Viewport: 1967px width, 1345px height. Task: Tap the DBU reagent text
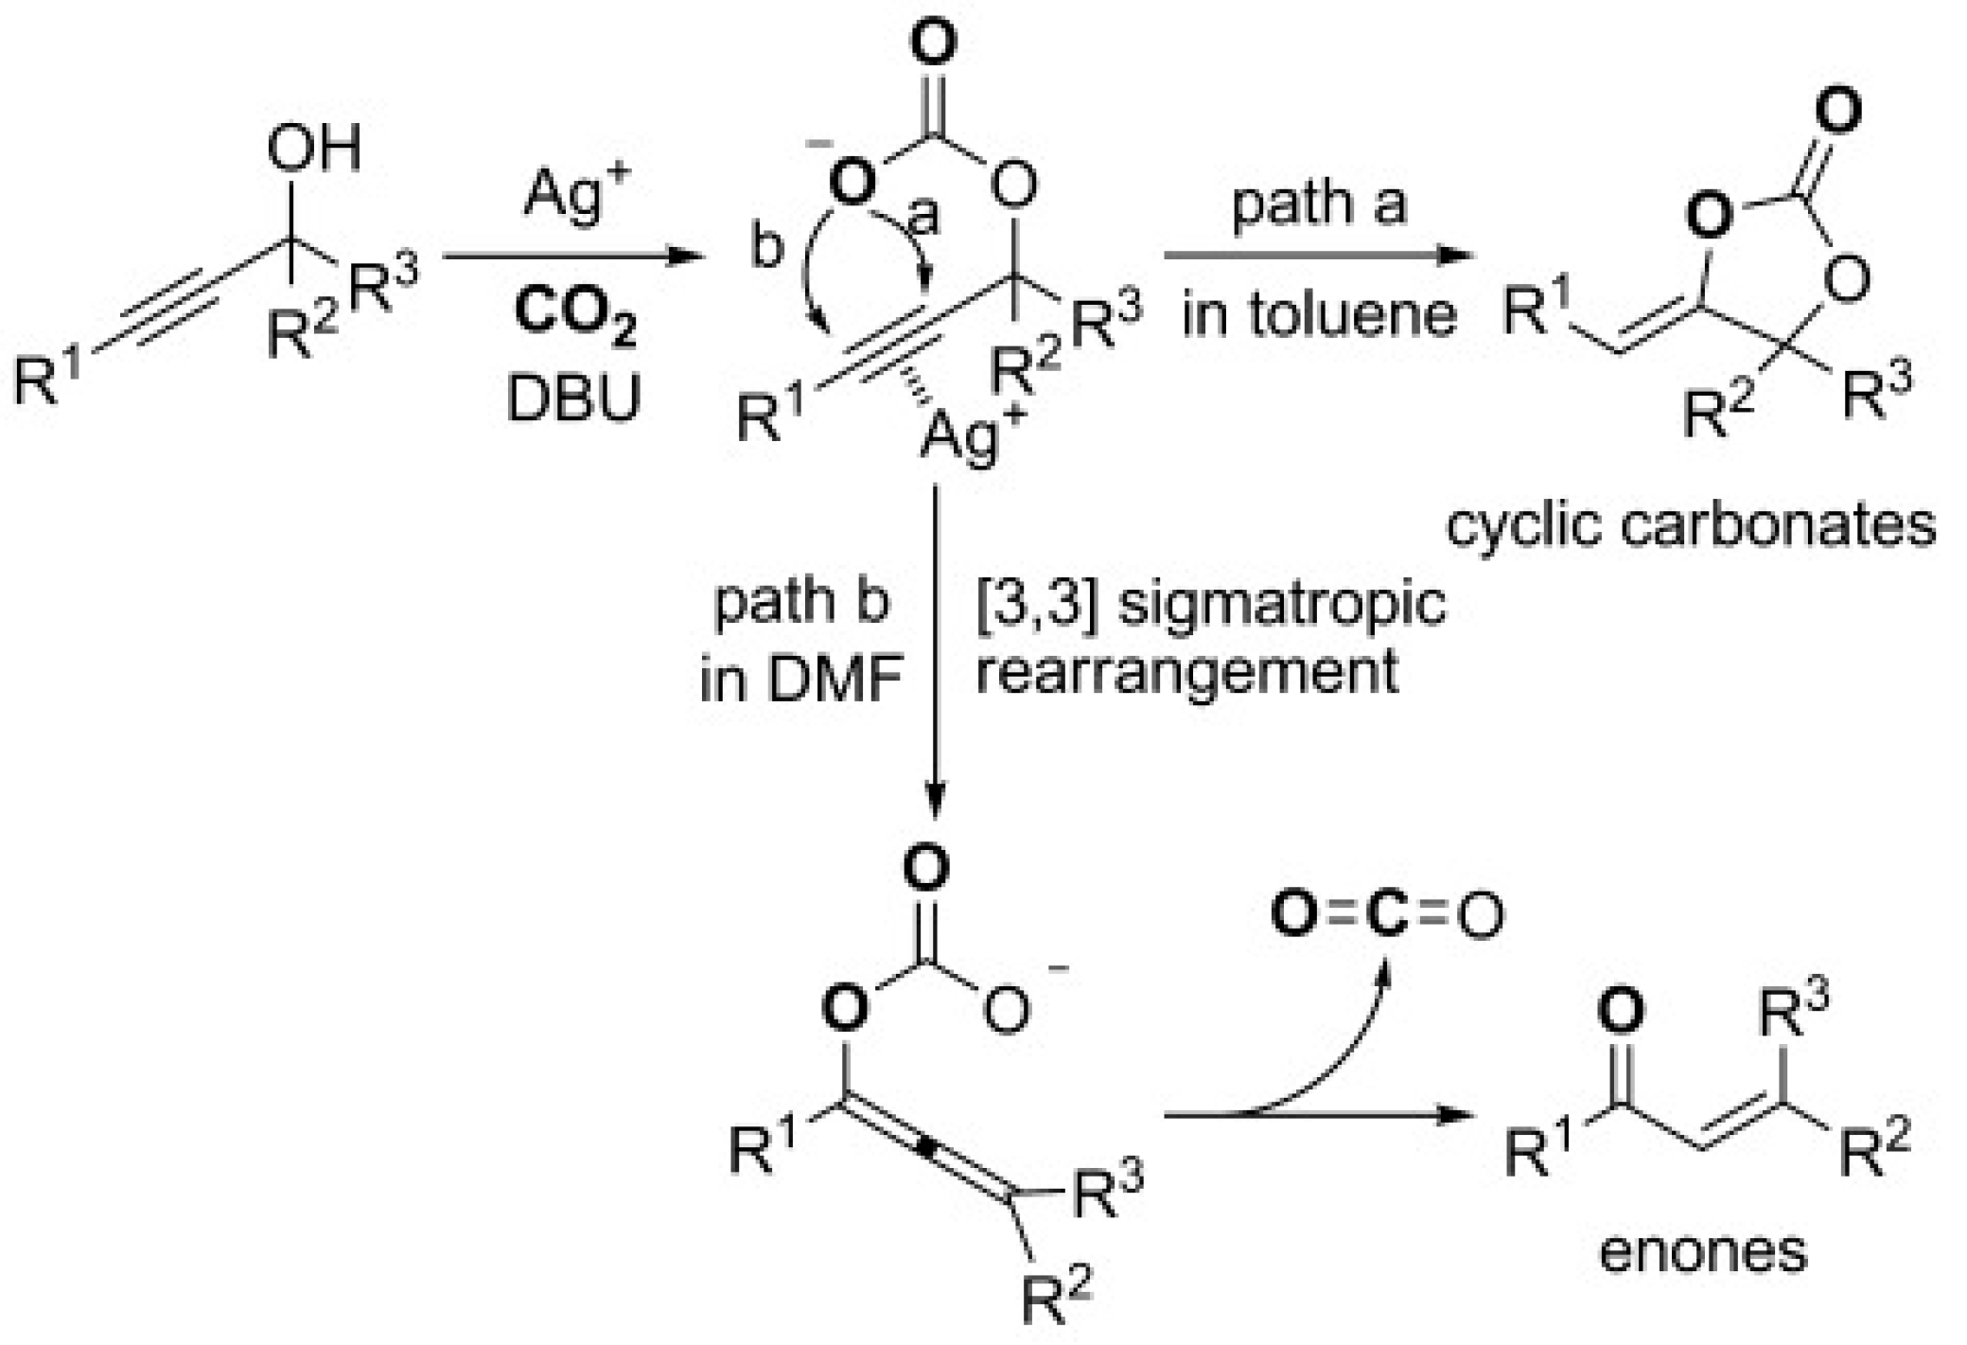pyautogui.click(x=573, y=398)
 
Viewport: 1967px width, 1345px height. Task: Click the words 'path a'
pyautogui.click(x=1319, y=203)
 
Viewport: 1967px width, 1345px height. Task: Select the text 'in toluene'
pyautogui.click(x=1319, y=314)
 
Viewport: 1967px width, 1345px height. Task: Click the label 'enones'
pyautogui.click(x=1702, y=1250)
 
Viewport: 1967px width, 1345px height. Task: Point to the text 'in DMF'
pyautogui.click(x=800, y=679)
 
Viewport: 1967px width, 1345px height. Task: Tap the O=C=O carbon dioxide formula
pyautogui.click(x=1387, y=915)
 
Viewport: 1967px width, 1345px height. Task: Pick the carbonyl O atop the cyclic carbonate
pyautogui.click(x=1838, y=112)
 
